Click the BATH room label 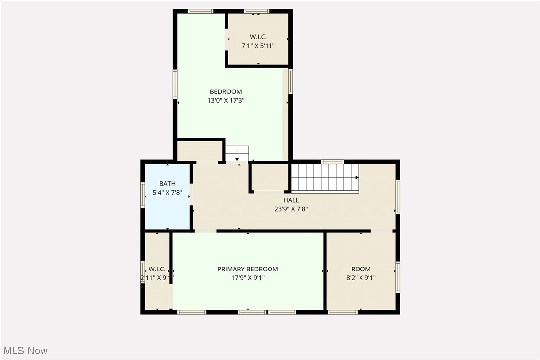tap(167, 184)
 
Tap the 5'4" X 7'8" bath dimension tap(167, 193)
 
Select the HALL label tap(291, 200)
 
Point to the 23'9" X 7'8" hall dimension tap(291, 209)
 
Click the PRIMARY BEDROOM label tap(248, 269)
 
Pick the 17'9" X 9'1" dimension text tap(248, 278)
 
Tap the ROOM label tap(361, 269)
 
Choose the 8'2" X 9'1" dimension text tap(361, 278)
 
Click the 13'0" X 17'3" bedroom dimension tap(226, 100)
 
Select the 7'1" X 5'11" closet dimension tap(258, 46)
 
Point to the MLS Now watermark tap(25, 351)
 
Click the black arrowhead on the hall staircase tap(357, 178)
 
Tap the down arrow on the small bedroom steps tap(237, 158)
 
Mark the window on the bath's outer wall tap(143, 194)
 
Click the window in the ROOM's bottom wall tap(342, 312)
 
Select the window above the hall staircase tap(332, 162)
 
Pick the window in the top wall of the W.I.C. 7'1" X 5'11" tap(257, 11)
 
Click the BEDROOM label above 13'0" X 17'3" tap(226, 91)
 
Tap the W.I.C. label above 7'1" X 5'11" tap(258, 37)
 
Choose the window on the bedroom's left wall tap(175, 84)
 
